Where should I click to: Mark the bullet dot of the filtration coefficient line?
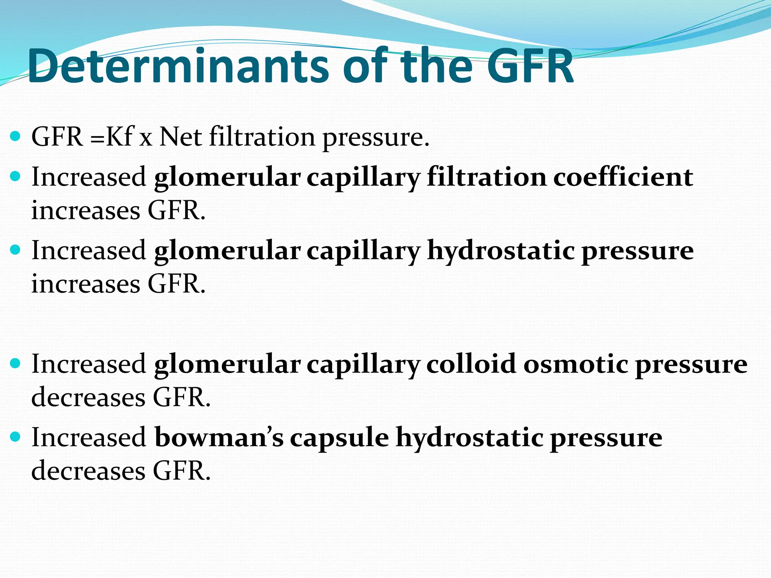click(x=15, y=176)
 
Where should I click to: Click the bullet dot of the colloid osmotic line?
click(x=15, y=364)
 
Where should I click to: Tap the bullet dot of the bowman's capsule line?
click(x=15, y=437)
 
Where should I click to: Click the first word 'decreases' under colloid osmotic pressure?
click(x=88, y=397)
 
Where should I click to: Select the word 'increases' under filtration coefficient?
click(x=86, y=210)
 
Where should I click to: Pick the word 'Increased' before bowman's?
click(x=89, y=438)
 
